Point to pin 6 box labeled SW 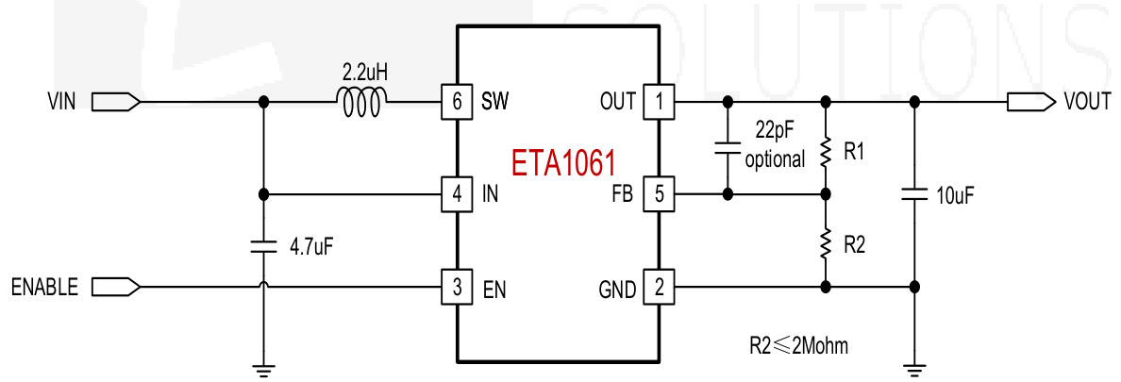tap(457, 101)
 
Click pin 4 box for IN tap(457, 194)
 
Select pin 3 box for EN tap(457, 286)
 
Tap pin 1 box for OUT tap(658, 101)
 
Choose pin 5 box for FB tap(658, 194)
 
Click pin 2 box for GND tap(658, 286)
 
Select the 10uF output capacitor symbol tap(913, 194)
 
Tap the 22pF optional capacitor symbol tap(728, 147)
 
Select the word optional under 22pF tap(775, 159)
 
